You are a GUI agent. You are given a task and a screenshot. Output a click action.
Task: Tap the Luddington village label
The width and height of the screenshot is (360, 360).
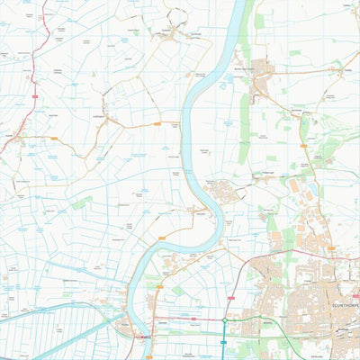101,114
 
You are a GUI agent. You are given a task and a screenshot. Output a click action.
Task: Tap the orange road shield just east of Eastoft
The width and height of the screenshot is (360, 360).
53,138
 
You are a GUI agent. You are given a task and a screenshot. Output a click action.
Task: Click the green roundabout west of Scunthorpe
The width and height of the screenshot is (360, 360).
224,319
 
